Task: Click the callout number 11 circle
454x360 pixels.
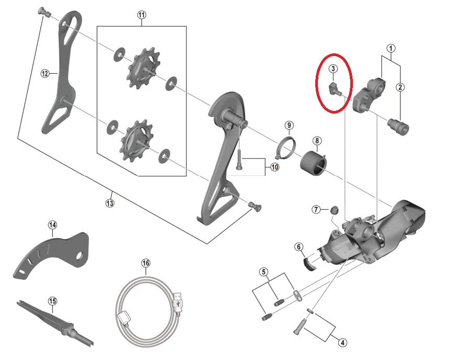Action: [141, 15]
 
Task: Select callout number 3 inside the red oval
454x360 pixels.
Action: [333, 69]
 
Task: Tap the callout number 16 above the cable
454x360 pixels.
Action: [146, 263]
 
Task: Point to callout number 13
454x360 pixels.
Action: [110, 203]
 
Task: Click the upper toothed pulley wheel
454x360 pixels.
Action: [143, 69]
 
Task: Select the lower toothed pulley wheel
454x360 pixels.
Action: [136, 141]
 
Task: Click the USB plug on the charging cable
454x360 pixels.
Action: [178, 302]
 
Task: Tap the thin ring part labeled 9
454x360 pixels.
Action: [285, 148]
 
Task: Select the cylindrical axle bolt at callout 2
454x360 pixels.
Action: [398, 127]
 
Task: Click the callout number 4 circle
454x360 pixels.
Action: [342, 343]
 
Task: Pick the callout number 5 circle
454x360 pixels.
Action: [263, 272]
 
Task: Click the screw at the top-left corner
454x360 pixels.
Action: [44, 12]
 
